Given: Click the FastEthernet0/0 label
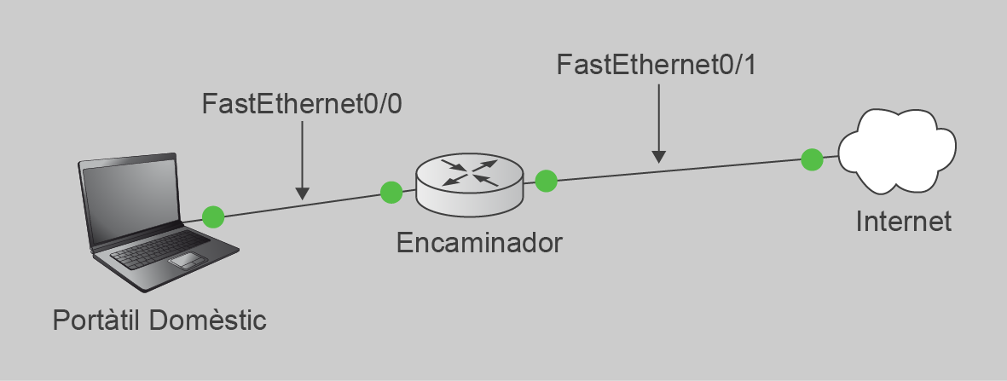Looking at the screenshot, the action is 302,104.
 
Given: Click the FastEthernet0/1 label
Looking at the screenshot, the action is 657,65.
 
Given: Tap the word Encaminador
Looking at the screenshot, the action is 479,244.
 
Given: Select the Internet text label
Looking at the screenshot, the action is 903,222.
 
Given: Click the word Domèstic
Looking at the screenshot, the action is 207,320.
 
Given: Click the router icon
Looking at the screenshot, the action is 470,184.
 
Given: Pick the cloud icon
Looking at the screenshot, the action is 897,151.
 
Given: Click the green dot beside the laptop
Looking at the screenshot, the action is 213,216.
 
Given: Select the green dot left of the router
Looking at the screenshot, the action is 391,192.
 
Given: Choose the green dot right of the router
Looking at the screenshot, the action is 546,182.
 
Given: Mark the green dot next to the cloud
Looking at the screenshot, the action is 812,159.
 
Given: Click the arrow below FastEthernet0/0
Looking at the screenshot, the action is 303,160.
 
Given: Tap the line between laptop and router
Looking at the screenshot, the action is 302,204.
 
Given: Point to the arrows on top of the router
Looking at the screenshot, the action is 470,172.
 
